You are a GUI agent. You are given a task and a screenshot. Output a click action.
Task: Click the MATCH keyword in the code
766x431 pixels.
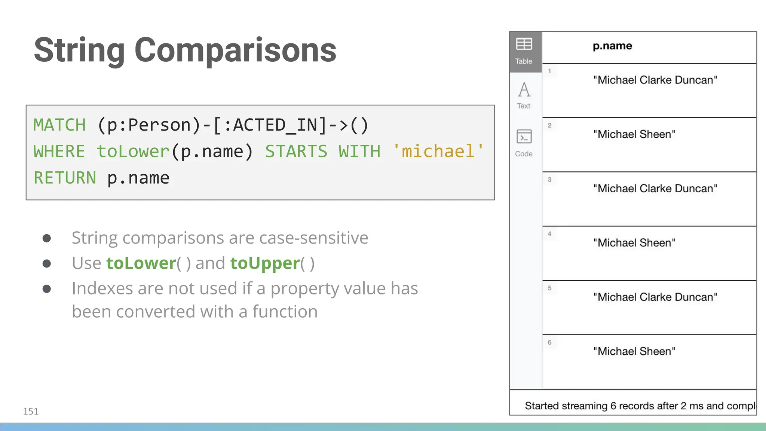[x=59, y=125]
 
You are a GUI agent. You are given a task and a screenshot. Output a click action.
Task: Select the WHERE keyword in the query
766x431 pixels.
[x=59, y=152]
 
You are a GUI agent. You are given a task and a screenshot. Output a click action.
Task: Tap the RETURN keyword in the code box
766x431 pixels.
[x=65, y=178]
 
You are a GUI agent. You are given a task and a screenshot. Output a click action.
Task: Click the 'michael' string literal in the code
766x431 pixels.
[x=438, y=152]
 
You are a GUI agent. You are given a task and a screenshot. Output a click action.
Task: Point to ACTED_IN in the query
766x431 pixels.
[x=275, y=125]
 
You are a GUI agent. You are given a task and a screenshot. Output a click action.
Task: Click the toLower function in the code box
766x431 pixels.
[x=133, y=152]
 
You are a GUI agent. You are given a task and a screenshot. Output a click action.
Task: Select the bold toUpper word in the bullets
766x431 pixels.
[x=265, y=263]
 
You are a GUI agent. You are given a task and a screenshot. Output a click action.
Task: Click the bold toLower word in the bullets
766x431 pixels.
[x=141, y=263]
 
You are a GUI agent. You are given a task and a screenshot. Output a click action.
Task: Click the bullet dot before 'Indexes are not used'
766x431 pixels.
[x=47, y=289]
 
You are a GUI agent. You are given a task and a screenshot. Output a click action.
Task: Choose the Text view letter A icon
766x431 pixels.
[x=524, y=90]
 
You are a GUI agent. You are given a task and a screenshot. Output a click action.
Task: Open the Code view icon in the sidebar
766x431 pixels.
[x=524, y=137]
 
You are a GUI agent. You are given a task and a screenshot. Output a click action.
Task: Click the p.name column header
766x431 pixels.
[x=612, y=46]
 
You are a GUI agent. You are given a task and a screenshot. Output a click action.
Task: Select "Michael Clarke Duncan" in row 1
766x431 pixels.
[x=655, y=80]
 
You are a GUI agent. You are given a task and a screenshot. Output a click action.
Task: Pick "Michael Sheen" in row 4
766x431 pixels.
[x=634, y=243]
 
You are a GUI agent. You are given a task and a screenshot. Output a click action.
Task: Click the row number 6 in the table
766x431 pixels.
[x=549, y=342]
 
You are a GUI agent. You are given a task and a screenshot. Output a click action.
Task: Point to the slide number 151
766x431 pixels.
[x=31, y=411]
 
